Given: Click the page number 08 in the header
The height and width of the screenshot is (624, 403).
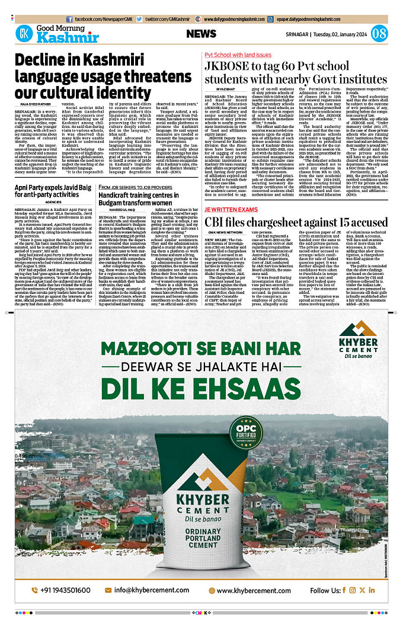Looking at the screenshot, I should coord(379,34).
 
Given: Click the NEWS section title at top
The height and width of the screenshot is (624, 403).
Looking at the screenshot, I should coord(201,34).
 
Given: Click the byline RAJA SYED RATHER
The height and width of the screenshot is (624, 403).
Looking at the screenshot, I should coord(31,104).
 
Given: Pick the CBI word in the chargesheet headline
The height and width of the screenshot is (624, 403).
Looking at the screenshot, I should coord(218,222).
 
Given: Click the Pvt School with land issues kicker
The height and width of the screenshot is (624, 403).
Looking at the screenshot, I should coord(238,54).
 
